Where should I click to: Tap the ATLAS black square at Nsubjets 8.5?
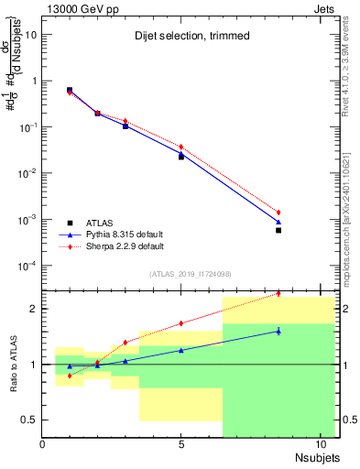pos(278,230)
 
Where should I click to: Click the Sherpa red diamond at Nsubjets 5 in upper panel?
pos(181,147)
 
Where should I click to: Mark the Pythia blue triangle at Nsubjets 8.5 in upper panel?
pos(278,222)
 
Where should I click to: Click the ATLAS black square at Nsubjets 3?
pos(125,126)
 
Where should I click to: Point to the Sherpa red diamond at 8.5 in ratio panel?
pos(278,294)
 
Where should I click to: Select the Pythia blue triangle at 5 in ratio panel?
pos(181,350)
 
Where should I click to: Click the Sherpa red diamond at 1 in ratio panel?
pos(70,376)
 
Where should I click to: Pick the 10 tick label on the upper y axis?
pos(32,35)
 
